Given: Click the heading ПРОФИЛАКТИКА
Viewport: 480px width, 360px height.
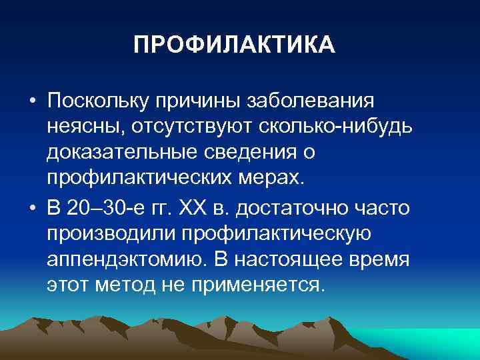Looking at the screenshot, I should [235, 45].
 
